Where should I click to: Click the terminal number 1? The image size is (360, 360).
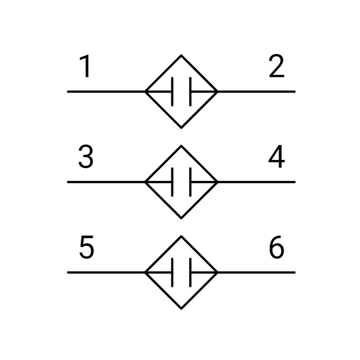[x=85, y=66]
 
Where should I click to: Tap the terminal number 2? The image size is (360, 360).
[x=277, y=66]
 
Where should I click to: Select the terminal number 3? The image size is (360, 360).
[x=86, y=156]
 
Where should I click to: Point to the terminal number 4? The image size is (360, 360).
[x=277, y=156]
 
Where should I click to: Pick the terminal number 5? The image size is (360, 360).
[x=86, y=247]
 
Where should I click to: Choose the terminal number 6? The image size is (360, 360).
[x=277, y=247]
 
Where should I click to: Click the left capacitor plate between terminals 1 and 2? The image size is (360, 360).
[x=172, y=92]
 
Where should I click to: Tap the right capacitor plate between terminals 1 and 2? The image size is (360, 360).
[x=190, y=92]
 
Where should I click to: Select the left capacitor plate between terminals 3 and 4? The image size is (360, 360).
[x=172, y=182]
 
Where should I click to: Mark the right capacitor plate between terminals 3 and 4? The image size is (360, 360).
[x=190, y=182]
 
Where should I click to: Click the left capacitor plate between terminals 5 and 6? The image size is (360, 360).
[x=172, y=273]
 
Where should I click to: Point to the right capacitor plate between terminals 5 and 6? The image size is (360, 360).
[x=190, y=273]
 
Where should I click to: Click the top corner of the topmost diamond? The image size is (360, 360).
[x=182, y=56]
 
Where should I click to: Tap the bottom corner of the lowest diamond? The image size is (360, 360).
[x=182, y=309]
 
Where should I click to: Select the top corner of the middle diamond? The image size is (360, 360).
[x=182, y=146]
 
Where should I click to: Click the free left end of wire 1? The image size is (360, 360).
[x=68, y=92]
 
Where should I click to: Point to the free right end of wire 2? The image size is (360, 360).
[x=295, y=92]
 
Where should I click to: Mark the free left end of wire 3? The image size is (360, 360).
[x=68, y=182]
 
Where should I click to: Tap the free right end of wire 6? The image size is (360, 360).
[x=295, y=273]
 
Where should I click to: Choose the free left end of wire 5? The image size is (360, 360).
[x=68, y=273]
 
